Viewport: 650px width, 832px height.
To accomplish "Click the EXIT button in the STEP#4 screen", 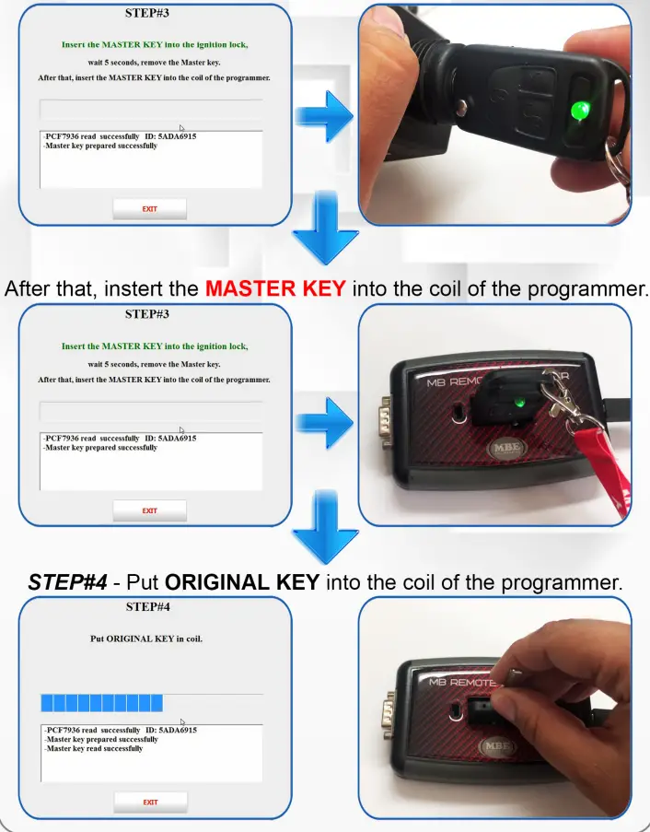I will point(150,802).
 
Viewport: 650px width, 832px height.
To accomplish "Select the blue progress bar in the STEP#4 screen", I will point(101,704).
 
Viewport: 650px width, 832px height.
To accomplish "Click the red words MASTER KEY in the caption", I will point(275,288).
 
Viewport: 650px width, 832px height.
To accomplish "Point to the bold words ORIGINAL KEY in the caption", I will point(242,582).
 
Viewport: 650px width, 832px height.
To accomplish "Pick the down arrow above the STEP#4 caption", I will point(324,527).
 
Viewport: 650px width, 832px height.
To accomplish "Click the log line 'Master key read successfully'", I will point(94,749).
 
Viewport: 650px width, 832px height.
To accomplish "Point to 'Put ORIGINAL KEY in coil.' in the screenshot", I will point(147,639).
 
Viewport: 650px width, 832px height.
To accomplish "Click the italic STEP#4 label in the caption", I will point(67,582).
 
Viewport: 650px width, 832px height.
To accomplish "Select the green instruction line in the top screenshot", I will point(155,44).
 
